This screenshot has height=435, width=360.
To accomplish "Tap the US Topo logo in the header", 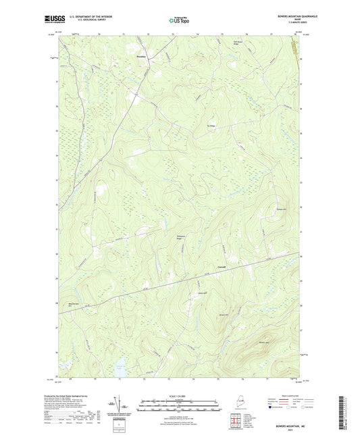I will click(178, 21).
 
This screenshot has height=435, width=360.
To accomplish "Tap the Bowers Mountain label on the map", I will click(264, 342).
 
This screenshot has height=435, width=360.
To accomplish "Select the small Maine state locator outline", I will click(230, 399).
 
